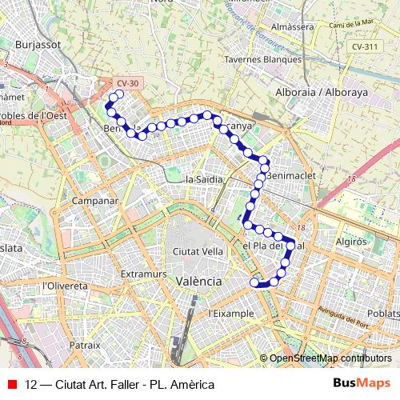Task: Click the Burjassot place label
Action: [38, 46]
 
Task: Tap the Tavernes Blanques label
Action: [262, 58]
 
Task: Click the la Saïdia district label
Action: [203, 179]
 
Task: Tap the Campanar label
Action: [95, 200]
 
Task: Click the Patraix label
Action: [86, 345]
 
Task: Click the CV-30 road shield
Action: [127, 82]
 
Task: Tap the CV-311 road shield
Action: [365, 47]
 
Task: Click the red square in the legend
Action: [10, 384]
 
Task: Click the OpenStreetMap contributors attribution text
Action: [330, 358]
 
